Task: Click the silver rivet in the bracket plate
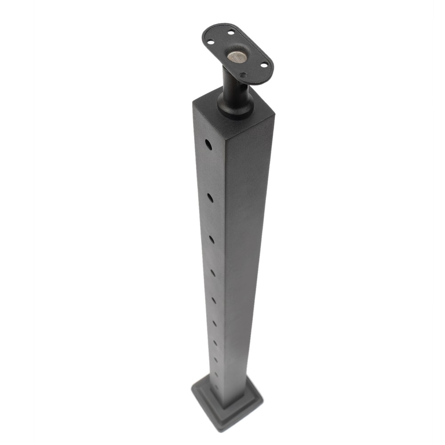[x=237, y=57]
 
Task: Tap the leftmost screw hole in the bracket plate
[x=211, y=42]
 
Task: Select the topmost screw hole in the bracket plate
[x=231, y=32]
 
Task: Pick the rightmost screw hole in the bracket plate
[x=263, y=65]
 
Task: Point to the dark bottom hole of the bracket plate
[x=243, y=76]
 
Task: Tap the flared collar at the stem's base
[x=236, y=107]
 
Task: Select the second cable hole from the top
[x=210, y=197]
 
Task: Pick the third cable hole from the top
[x=211, y=239]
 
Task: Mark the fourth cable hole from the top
[x=213, y=272]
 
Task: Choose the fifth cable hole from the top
[x=214, y=300]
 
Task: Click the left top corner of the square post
[x=193, y=104]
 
